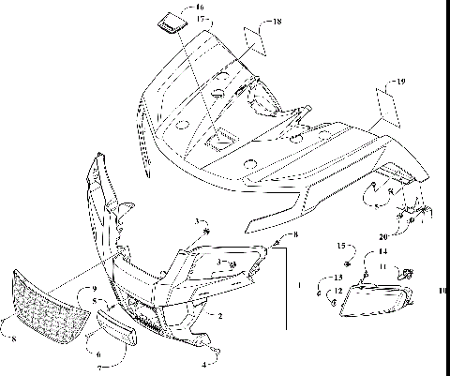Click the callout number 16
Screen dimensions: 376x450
coord(199,7)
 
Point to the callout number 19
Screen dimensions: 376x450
coord(402,83)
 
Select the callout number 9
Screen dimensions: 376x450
coord(94,289)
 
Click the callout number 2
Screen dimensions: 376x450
coord(220,317)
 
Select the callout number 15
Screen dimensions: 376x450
coord(341,246)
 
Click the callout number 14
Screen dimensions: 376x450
coord(382,252)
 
